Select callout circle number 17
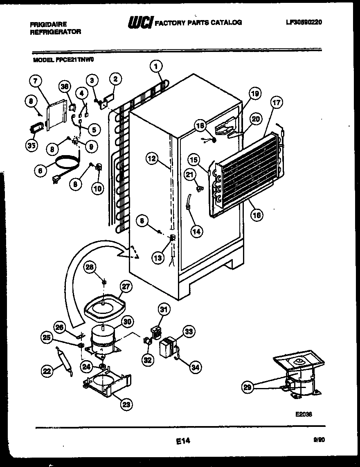[277, 103]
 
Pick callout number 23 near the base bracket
[127, 405]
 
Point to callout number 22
[47, 372]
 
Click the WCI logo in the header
[139, 23]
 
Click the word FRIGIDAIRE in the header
[48, 25]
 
